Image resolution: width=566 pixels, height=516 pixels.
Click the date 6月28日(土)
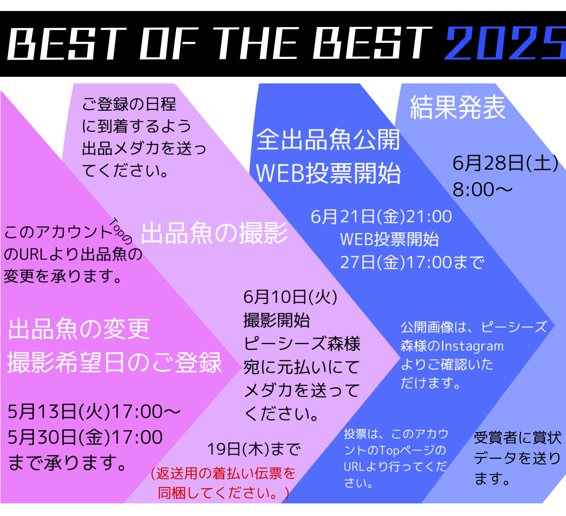click(505, 163)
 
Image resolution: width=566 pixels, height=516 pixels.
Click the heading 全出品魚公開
click(328, 140)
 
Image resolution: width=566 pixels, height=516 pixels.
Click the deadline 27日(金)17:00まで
click(412, 262)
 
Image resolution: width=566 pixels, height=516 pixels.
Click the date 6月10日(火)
click(290, 297)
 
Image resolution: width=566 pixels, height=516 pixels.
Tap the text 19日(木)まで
click(254, 449)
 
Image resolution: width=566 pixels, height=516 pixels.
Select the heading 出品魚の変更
click(79, 329)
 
